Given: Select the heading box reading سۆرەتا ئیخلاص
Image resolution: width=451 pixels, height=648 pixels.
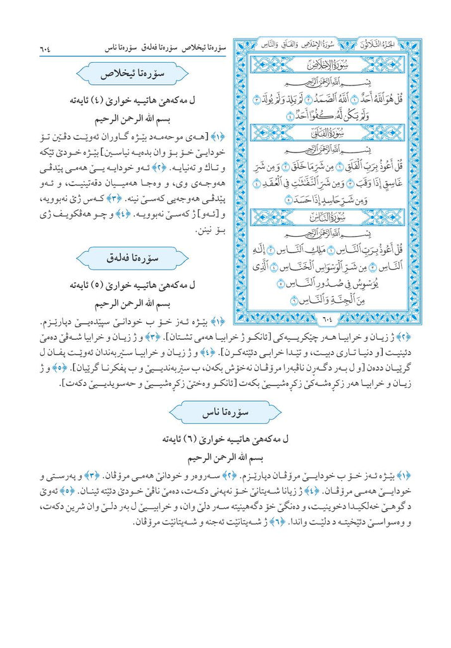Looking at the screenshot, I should (x=133, y=75).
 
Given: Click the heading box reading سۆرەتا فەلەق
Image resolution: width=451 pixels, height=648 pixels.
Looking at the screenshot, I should (x=133, y=259).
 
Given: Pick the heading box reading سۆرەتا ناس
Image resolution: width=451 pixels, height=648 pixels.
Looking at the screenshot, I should (x=225, y=412).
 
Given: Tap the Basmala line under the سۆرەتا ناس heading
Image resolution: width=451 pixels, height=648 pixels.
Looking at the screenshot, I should (x=226, y=454).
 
